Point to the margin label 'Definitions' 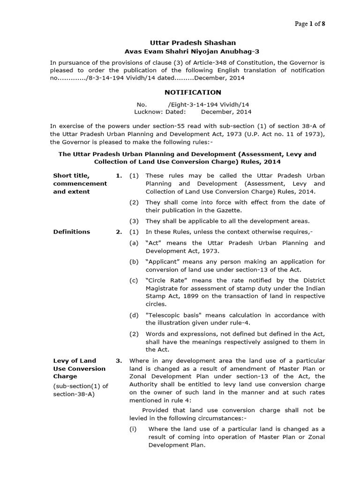coord(71,232)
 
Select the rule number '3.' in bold coord(119,360)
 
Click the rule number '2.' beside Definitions coord(119,232)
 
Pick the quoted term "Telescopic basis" coord(170,315)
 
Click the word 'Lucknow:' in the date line coord(149,112)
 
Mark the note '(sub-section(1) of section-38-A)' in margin coord(80,390)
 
